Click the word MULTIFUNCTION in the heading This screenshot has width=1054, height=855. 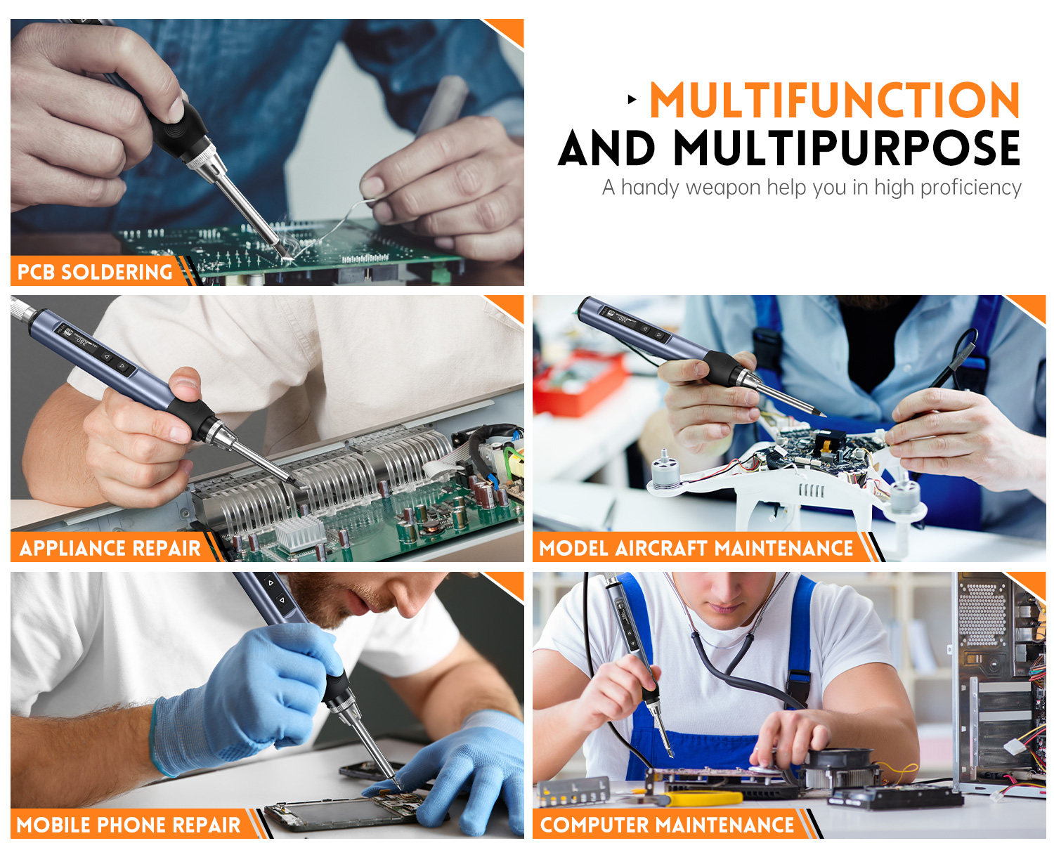(834, 100)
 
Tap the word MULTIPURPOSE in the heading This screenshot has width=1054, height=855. (847, 148)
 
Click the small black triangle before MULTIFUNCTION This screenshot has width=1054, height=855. (632, 100)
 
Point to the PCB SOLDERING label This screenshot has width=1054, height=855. (95, 272)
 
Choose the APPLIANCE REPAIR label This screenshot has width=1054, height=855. (110, 548)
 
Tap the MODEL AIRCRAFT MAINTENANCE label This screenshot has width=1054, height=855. (696, 548)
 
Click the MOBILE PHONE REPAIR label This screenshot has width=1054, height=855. (129, 825)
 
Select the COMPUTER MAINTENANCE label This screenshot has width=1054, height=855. (667, 825)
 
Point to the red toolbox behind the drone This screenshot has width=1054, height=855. (579, 380)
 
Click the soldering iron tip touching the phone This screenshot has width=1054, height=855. (397, 784)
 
